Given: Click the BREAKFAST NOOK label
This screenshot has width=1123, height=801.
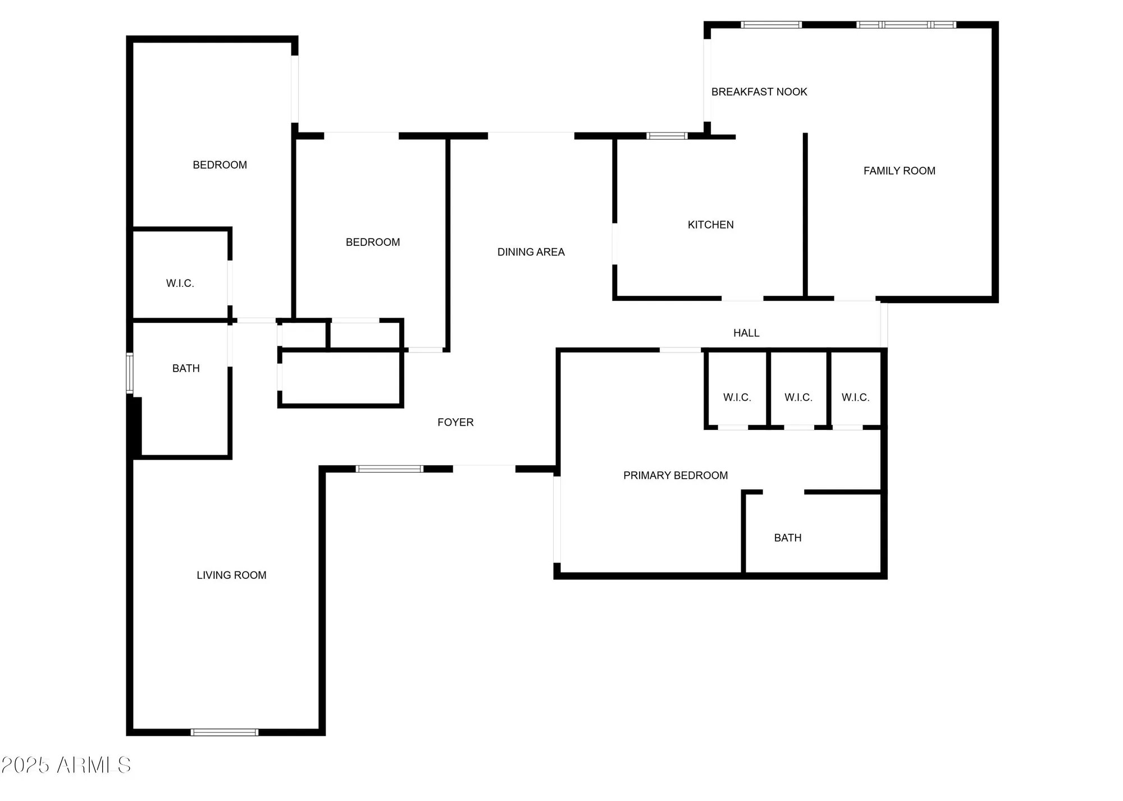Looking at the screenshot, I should click(x=759, y=92).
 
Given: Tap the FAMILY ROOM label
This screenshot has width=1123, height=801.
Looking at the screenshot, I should click(x=899, y=171).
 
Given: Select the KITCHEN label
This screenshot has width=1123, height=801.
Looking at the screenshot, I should click(x=710, y=225).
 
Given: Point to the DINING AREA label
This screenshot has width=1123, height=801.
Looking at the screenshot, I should click(x=531, y=253).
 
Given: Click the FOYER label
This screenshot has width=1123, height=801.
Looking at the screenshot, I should click(x=455, y=423).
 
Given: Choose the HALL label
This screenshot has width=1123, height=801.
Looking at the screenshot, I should click(x=746, y=333).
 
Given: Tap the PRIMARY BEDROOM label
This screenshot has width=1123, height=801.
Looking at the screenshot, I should click(x=675, y=476).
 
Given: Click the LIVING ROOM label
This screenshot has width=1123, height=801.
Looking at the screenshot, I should click(x=231, y=575).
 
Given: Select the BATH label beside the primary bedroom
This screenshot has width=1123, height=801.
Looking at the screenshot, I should click(x=787, y=538).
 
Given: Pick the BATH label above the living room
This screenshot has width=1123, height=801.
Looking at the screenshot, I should click(x=186, y=369).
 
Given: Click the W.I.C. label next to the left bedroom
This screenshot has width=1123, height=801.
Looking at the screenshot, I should click(x=180, y=284).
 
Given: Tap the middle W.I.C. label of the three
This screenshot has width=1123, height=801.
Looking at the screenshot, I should click(x=798, y=398).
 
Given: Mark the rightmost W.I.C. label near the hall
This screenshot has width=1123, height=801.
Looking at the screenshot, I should click(x=855, y=398).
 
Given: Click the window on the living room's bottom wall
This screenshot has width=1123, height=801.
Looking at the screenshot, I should click(x=225, y=732).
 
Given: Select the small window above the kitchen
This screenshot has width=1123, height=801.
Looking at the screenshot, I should click(x=667, y=136).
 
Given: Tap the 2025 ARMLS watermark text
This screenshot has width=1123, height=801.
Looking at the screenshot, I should click(x=66, y=765).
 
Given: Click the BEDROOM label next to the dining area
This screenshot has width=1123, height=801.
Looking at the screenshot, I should click(x=373, y=242).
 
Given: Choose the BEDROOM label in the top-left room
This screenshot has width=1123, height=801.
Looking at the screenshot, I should click(x=220, y=165).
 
